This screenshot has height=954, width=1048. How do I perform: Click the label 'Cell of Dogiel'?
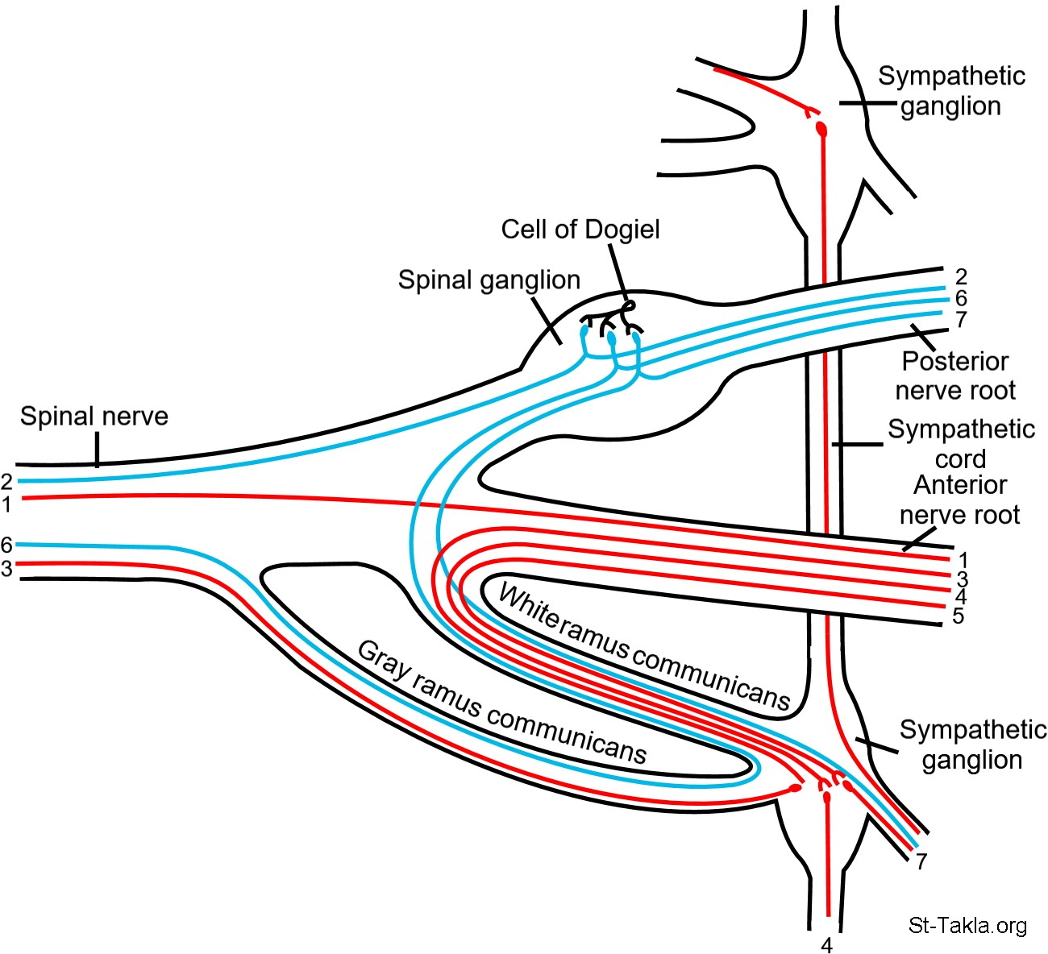click(580, 230)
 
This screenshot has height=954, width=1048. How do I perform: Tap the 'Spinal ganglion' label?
click(489, 280)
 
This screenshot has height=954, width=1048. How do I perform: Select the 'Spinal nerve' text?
click(94, 417)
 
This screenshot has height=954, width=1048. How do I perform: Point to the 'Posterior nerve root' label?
click(955, 375)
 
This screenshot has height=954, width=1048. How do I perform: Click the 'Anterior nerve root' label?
click(960, 500)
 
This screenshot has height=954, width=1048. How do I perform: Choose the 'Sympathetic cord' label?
click(961, 444)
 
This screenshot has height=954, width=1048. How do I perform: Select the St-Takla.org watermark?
click(967, 925)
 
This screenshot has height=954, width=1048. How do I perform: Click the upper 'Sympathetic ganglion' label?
click(951, 91)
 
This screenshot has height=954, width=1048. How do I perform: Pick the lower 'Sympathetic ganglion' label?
click(973, 745)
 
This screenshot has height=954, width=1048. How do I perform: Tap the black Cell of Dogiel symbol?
click(628, 307)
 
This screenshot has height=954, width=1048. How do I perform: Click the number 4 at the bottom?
click(827, 944)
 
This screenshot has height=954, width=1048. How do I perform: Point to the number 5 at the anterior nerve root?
click(959, 616)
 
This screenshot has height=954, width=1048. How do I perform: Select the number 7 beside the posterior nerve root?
click(961, 320)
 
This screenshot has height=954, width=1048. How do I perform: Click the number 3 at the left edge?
click(6, 569)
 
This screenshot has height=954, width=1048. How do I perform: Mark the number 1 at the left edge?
click(6, 506)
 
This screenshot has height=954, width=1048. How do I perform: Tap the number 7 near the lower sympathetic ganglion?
click(921, 861)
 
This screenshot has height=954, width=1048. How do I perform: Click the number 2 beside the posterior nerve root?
click(961, 277)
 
